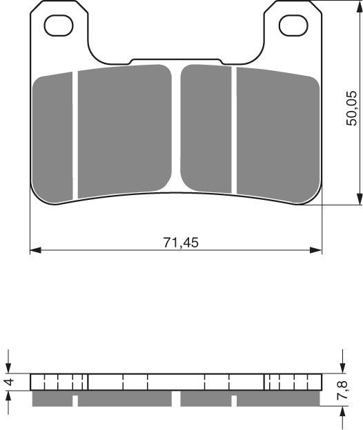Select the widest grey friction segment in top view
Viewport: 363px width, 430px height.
tap(124, 131)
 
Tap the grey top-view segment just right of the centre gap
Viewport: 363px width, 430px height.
tap(206, 127)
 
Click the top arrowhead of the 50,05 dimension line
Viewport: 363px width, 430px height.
tap(360, 6)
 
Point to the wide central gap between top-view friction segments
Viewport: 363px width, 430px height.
tap(176, 127)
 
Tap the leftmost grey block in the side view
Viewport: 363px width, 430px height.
tap(52, 400)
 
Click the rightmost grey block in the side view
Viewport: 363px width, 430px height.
tap(278, 400)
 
